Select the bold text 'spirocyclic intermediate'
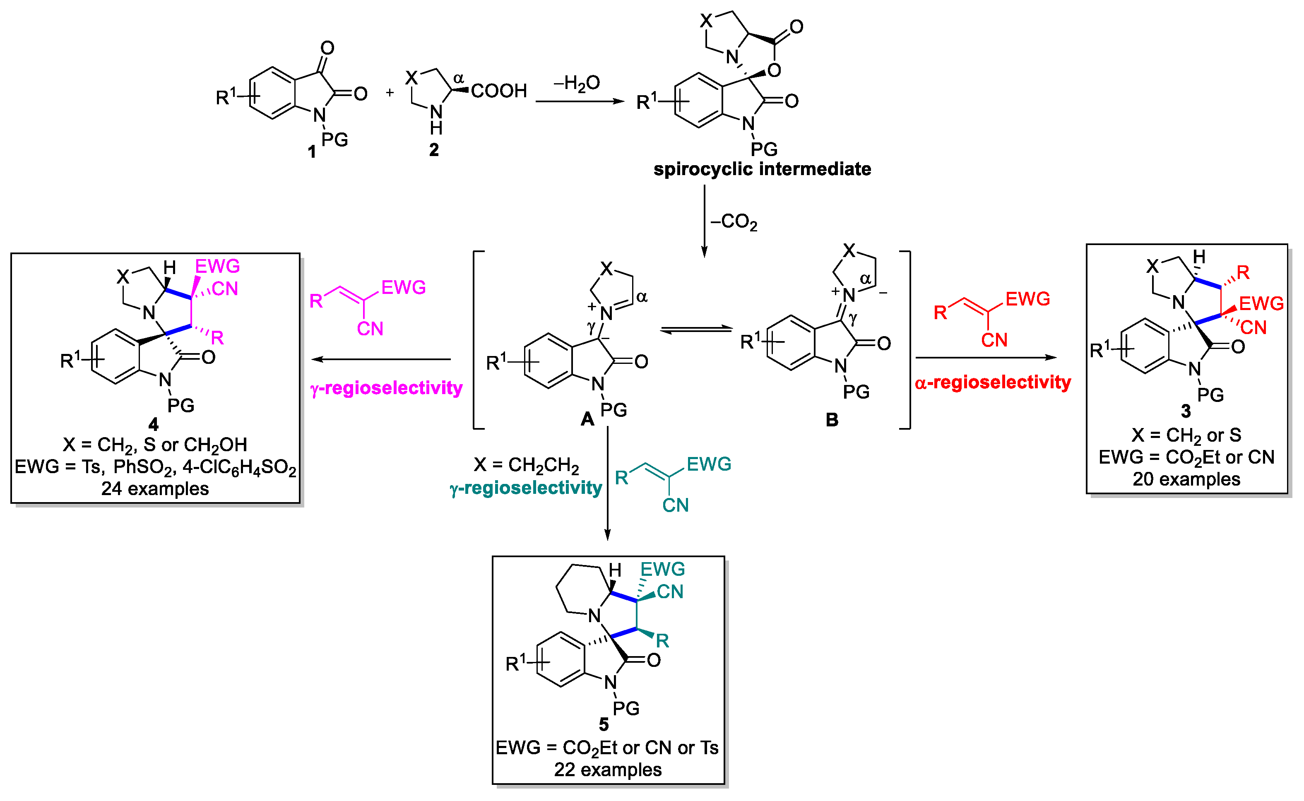762,169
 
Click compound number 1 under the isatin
312,152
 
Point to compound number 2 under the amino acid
434,150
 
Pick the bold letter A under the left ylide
587,420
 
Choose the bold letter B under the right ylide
832,420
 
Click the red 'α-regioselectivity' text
993,382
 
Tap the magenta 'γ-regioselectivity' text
386,388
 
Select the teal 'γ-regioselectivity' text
526,487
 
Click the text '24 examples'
155,488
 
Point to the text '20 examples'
1186,479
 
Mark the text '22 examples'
608,769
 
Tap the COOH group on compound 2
498,91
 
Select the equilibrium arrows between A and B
696,330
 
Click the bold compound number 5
604,724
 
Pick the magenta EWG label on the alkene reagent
403,288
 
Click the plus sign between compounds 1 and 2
390,93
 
